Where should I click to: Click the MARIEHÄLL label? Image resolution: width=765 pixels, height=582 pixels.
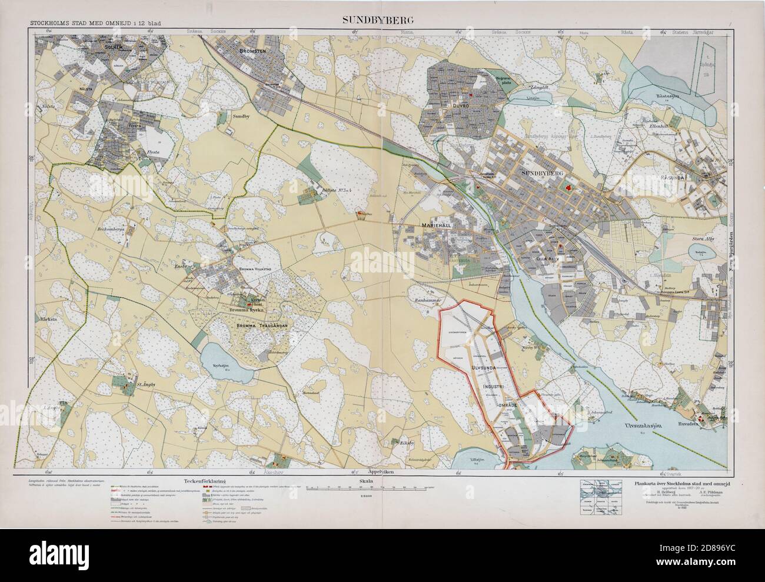(x=436, y=225)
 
